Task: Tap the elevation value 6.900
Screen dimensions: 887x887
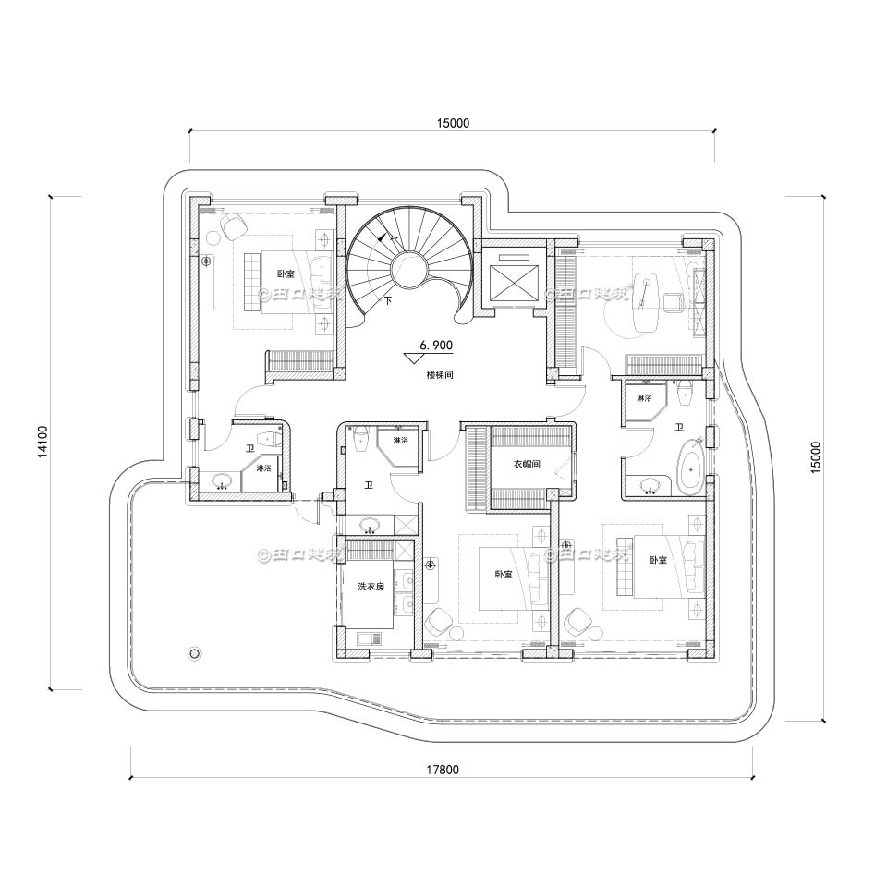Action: pyautogui.click(x=435, y=345)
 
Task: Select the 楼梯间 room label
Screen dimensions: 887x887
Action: pyautogui.click(x=439, y=375)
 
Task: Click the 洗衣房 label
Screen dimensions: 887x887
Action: pyautogui.click(x=371, y=586)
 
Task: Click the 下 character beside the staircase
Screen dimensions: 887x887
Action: pyautogui.click(x=388, y=301)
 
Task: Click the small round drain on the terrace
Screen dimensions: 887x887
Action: pyautogui.click(x=194, y=653)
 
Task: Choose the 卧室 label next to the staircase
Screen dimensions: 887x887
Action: pyautogui.click(x=286, y=273)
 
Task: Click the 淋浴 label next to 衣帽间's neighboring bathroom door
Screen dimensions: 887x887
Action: pyautogui.click(x=400, y=441)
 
